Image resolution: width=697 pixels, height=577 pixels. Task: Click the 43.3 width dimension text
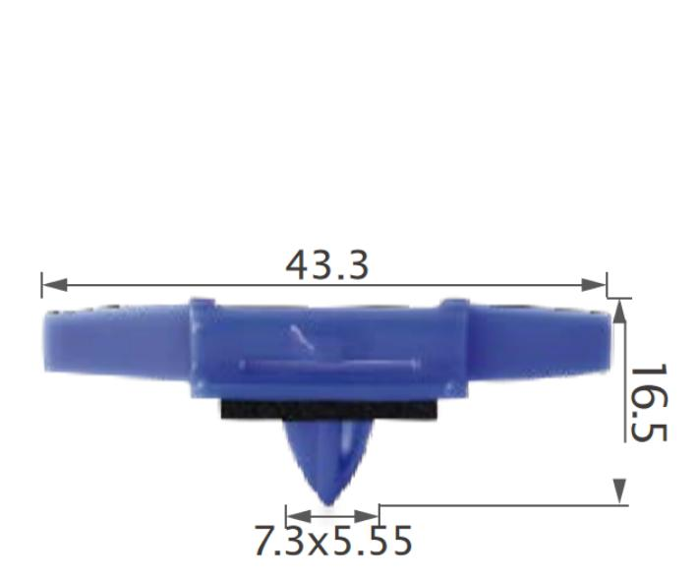pyautogui.click(x=327, y=264)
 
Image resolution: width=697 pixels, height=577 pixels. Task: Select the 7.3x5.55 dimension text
pyautogui.click(x=333, y=542)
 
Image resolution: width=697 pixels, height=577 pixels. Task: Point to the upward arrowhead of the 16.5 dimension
pyautogui.click(x=619, y=312)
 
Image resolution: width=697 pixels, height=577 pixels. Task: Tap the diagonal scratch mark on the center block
pyautogui.click(x=304, y=340)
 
